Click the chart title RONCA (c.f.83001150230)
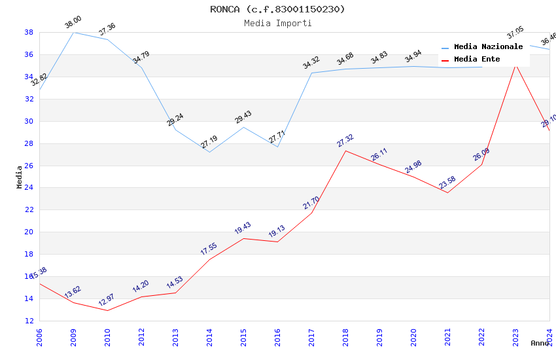click(277, 9)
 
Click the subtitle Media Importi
click(277, 24)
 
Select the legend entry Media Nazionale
click(488, 47)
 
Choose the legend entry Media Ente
click(477, 60)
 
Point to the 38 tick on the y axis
click(29, 32)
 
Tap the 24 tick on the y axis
click(29, 188)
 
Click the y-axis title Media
click(20, 177)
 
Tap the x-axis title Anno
click(540, 343)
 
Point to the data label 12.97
click(107, 300)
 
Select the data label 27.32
click(345, 140)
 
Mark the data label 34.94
click(413, 58)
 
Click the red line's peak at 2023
click(515, 63)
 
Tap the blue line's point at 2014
click(209, 152)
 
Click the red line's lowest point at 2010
click(107, 310)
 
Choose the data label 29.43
click(243, 117)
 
